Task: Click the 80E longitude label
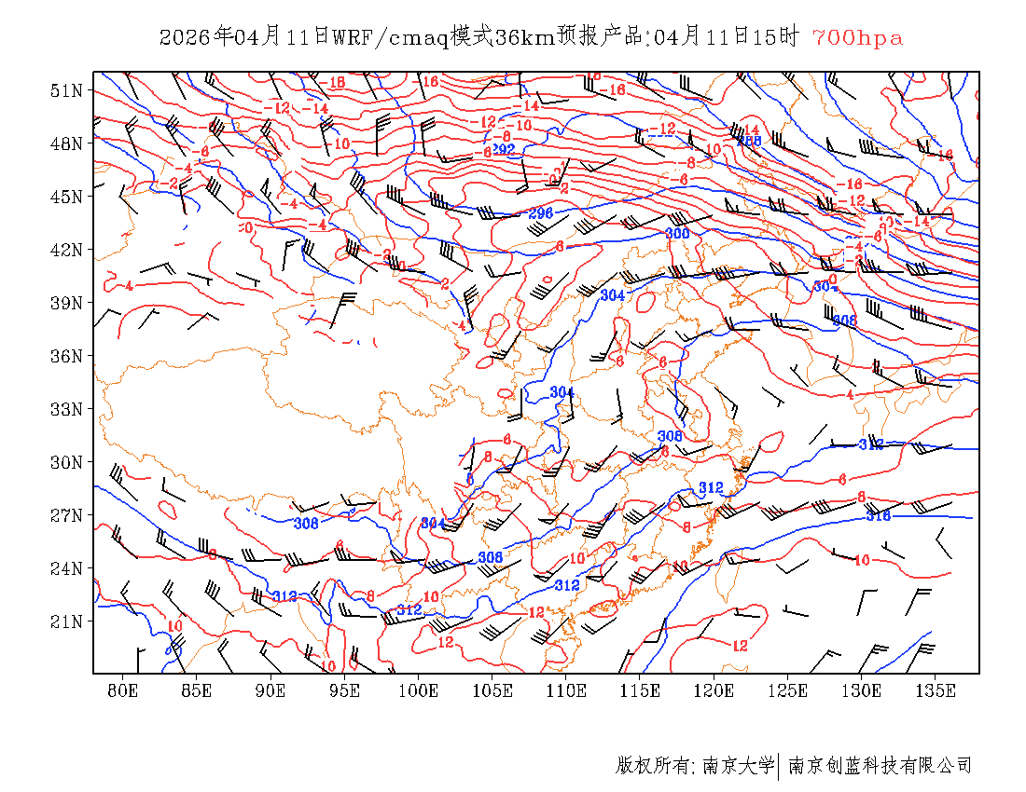click(x=123, y=690)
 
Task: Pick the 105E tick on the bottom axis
click(x=492, y=690)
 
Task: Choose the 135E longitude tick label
click(x=936, y=690)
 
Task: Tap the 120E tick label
click(x=714, y=690)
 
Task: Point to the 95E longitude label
click(x=345, y=690)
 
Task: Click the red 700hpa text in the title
click(x=857, y=38)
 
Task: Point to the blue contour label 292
click(x=504, y=149)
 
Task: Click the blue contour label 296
click(x=541, y=213)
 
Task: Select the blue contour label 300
click(x=677, y=233)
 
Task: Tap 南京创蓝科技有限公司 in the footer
click(x=880, y=766)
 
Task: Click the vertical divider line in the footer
click(x=779, y=766)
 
